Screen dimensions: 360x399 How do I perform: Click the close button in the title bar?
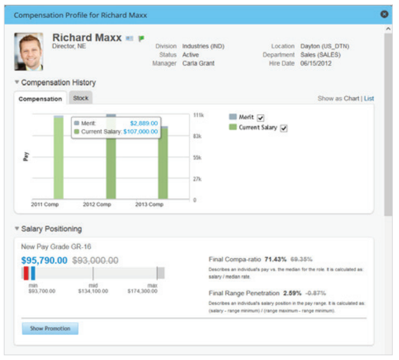point(384,14)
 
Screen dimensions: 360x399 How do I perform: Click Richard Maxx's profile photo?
point(29,52)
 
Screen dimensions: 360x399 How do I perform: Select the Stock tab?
point(81,98)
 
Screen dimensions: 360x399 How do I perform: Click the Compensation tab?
point(40,99)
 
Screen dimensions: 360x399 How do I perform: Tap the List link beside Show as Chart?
point(369,99)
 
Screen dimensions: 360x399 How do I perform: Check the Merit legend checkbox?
point(261,118)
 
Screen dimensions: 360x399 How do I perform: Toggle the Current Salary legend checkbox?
point(283,128)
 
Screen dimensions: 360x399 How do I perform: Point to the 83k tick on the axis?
point(198,136)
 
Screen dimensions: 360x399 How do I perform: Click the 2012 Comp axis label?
point(97,205)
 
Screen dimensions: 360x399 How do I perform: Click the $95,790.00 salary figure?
point(44,260)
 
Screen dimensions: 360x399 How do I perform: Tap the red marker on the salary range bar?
point(26,273)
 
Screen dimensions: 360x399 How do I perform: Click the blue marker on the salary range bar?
point(33,273)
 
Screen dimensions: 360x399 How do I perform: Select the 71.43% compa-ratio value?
point(275,259)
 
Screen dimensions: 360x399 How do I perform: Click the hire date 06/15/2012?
point(316,63)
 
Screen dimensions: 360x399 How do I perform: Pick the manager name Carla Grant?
point(198,63)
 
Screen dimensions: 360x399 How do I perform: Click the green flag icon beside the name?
point(141,39)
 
